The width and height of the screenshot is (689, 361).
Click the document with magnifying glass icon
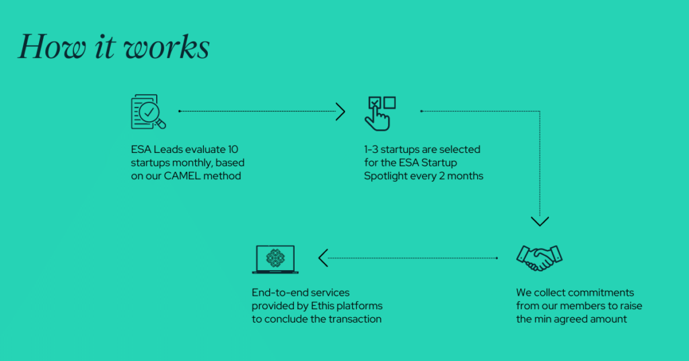pyautogui.click(x=148, y=112)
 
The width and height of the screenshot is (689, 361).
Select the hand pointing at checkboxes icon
pyautogui.click(x=380, y=113)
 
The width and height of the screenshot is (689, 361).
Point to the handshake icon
pyautogui.click(x=539, y=258)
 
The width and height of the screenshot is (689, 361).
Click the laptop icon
pyautogui.click(x=275, y=259)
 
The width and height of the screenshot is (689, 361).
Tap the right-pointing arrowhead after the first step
pyautogui.click(x=340, y=112)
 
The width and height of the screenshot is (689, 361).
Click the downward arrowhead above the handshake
pyautogui.click(x=540, y=221)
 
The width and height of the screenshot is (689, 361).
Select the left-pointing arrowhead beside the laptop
pyautogui.click(x=324, y=258)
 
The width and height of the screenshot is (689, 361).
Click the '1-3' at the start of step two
pyautogui.click(x=371, y=150)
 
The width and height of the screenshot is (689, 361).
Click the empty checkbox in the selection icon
pyautogui.click(x=390, y=102)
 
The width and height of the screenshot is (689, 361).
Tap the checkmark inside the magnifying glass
pyautogui.click(x=149, y=112)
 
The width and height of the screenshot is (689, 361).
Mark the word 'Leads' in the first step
pyautogui.click(x=166, y=150)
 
